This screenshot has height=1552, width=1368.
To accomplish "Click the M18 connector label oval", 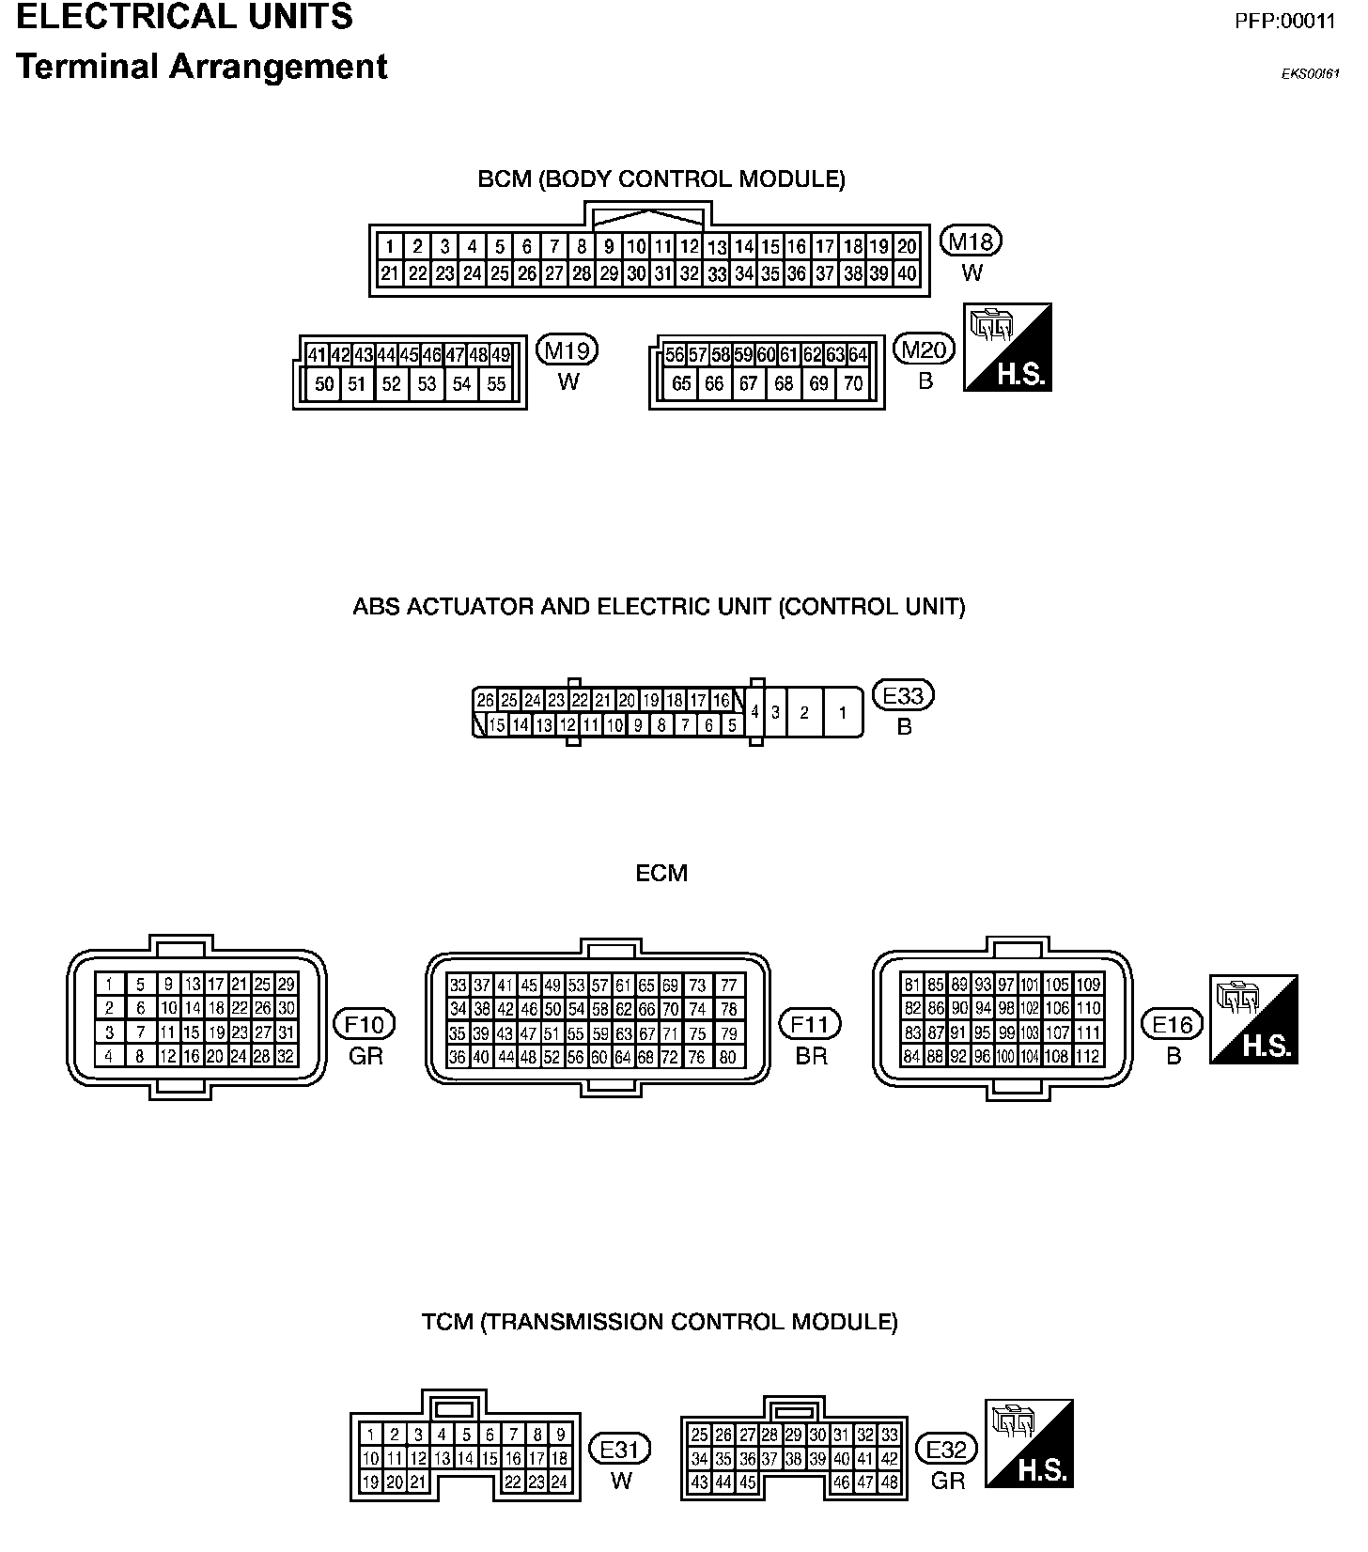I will pos(972,242).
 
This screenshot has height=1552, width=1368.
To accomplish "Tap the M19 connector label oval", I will pos(567,351).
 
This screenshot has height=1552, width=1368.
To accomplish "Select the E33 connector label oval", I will pos(904,696).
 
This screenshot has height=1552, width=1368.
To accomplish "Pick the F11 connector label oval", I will pos(811,1024).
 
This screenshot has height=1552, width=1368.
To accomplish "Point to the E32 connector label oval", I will pos(946,1450).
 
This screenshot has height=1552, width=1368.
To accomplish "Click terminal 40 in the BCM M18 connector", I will pos(907,273).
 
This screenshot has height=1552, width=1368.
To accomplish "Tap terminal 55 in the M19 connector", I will pos(496,383).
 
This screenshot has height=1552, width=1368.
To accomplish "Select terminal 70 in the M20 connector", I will pos(853,383).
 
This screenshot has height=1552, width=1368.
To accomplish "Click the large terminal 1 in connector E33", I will pos(843,713).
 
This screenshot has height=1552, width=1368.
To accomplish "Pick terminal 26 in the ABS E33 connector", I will pos(485,700).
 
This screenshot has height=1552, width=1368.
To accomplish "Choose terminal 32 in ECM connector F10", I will pos(286,1056).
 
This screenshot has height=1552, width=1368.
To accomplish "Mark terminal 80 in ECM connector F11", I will pos(728,1056).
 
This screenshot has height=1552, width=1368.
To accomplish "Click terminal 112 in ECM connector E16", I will pos(1088,1056).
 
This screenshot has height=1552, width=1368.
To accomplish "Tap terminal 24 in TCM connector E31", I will pos(559,1482).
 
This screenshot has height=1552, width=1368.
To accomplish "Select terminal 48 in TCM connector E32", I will pos(889,1482).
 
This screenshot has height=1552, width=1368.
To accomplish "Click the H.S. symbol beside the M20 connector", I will pos(1008,348).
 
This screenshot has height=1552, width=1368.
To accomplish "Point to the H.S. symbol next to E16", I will pos(1254,1019).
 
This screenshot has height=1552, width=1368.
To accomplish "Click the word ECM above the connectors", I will pos(661,874).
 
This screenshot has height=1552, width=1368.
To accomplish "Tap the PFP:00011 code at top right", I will pos(1284,22).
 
